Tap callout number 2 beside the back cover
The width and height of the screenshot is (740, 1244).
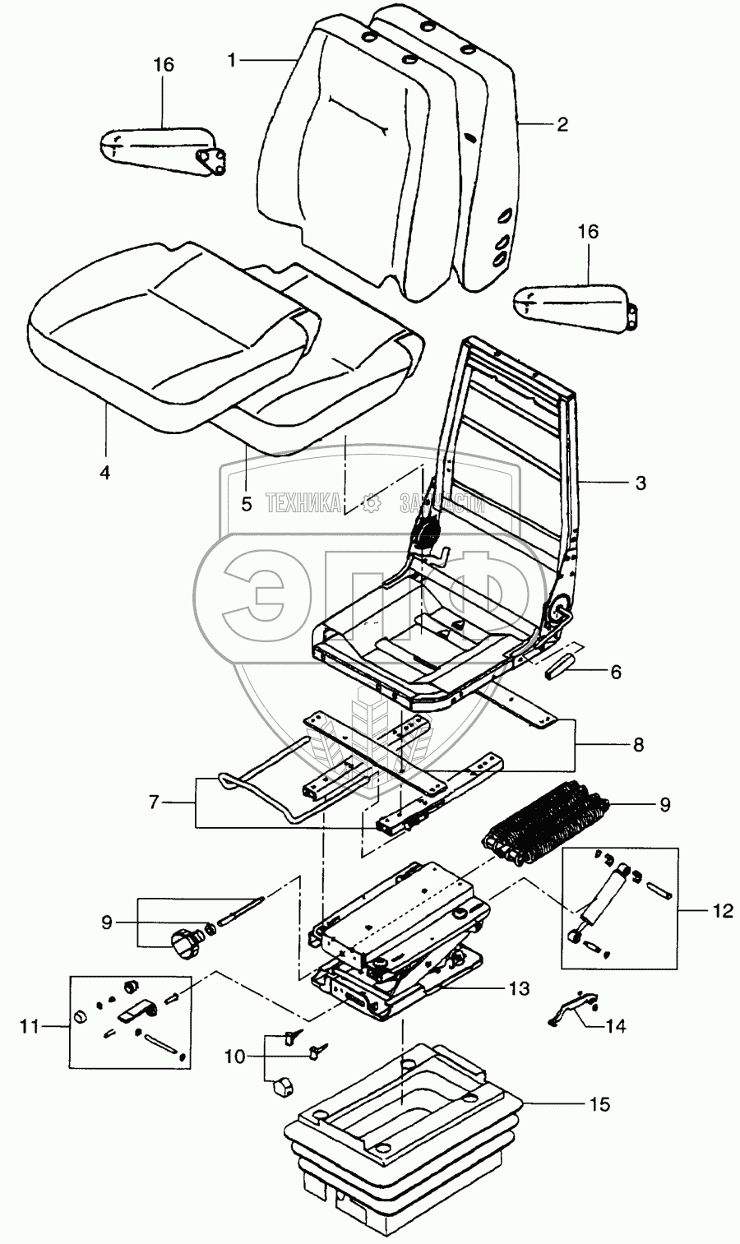(x=562, y=125)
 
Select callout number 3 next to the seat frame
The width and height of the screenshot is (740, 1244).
(x=641, y=483)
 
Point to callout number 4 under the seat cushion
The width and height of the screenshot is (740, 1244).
(x=104, y=473)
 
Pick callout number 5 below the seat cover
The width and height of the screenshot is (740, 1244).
(x=247, y=504)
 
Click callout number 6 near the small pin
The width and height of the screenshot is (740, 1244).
(x=614, y=672)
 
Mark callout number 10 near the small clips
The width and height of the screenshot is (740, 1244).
(x=236, y=1056)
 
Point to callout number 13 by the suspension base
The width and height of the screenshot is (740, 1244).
(x=541, y=987)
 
